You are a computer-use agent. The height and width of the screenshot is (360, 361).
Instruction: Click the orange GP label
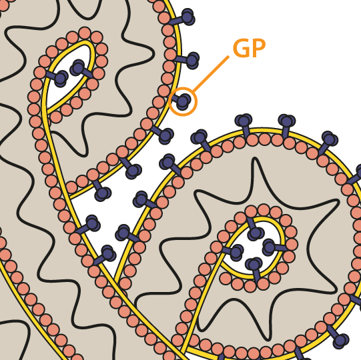[250, 48]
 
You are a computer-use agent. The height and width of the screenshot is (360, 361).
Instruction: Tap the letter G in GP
[242, 48]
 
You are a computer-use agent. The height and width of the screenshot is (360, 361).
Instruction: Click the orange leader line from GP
[211, 74]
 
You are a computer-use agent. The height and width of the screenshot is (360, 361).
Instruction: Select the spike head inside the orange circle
[184, 101]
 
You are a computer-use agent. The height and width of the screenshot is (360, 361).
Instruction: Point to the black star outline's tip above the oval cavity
[254, 158]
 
